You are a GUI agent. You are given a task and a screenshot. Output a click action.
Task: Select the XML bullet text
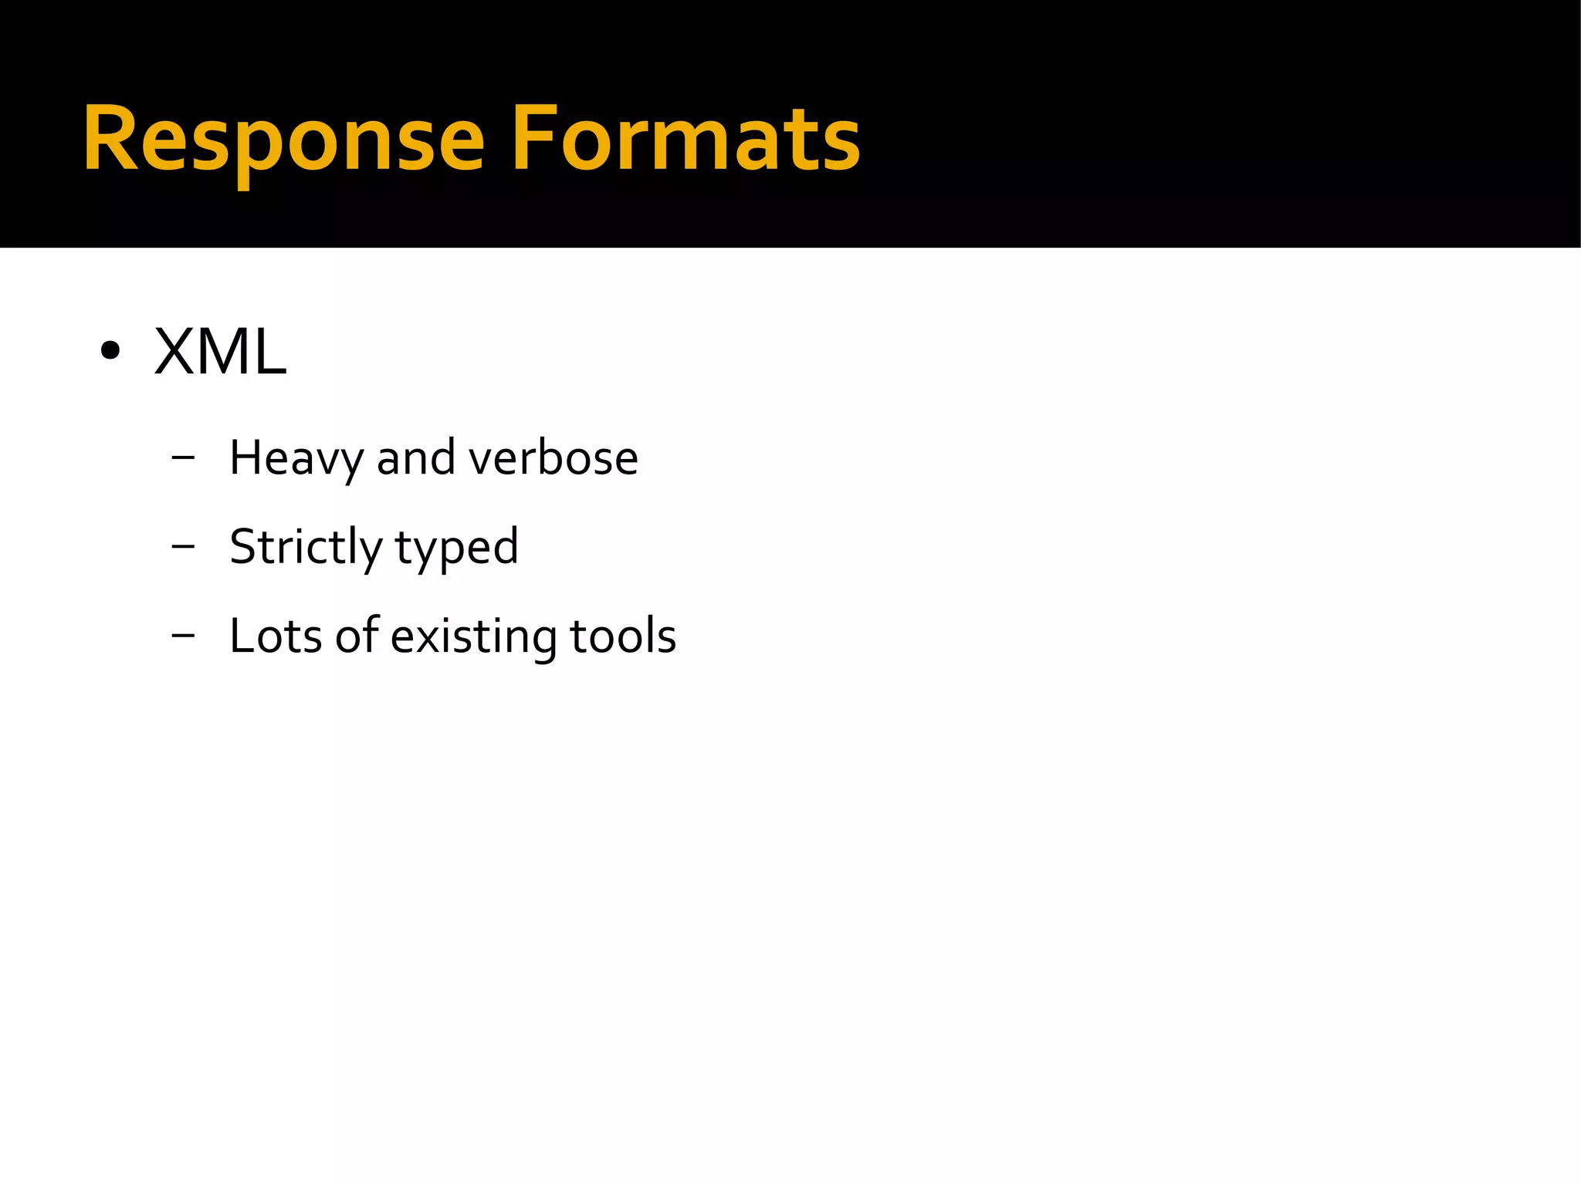point(220,353)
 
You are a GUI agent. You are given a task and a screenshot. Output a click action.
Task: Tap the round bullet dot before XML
point(110,352)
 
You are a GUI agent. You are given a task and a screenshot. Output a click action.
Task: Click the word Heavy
point(296,458)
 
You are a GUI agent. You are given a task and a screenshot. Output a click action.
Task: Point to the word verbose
point(554,458)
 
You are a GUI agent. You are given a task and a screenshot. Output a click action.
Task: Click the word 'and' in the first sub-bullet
point(415,458)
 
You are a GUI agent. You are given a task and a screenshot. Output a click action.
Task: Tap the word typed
point(457,548)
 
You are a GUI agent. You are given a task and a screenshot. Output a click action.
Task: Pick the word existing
point(473,637)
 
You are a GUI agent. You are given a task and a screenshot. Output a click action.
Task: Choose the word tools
point(623,636)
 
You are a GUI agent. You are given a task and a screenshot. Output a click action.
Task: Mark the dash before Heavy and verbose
point(183,457)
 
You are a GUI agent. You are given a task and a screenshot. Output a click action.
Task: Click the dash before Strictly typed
point(183,546)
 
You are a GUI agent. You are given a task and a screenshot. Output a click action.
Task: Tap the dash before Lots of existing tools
point(183,636)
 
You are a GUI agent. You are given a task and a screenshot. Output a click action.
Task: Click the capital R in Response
point(112,139)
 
